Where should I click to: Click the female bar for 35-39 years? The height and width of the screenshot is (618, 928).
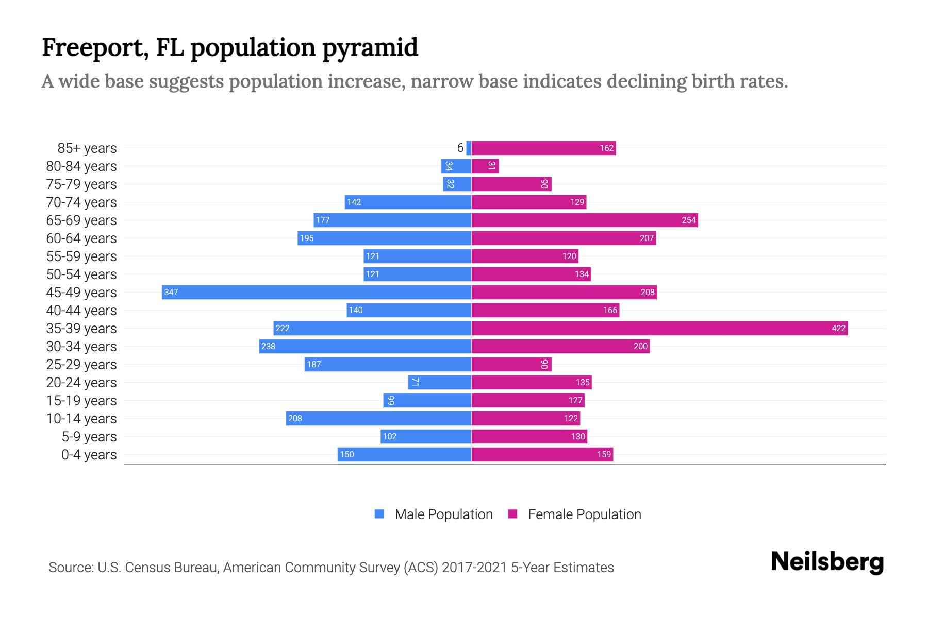point(660,328)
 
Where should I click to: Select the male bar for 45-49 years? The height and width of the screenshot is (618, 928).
point(317,292)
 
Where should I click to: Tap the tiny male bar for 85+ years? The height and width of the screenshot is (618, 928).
point(469,148)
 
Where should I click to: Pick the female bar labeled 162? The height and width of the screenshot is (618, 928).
point(544,148)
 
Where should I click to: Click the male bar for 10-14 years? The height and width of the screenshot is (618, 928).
point(379,418)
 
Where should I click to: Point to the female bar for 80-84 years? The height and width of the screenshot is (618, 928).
point(485,166)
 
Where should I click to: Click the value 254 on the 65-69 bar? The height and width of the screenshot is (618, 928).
point(689,220)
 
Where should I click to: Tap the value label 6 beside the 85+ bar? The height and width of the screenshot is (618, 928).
point(460,148)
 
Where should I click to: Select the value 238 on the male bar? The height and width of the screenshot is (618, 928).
point(268,347)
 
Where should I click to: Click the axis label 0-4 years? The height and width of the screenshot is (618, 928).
point(89,455)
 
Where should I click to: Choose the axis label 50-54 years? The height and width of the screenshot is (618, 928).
point(81,274)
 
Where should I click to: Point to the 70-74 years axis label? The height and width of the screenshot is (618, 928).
point(81,202)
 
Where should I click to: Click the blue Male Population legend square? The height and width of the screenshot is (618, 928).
point(379,514)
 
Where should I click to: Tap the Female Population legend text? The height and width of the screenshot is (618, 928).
point(584,514)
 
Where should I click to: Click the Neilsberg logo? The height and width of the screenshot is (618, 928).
point(827,562)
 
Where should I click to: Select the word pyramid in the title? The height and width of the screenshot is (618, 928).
point(370,48)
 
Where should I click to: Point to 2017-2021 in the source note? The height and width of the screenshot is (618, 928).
point(474,568)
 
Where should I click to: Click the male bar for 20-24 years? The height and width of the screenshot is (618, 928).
point(440,382)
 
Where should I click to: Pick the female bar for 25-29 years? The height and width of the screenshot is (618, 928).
point(511,365)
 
